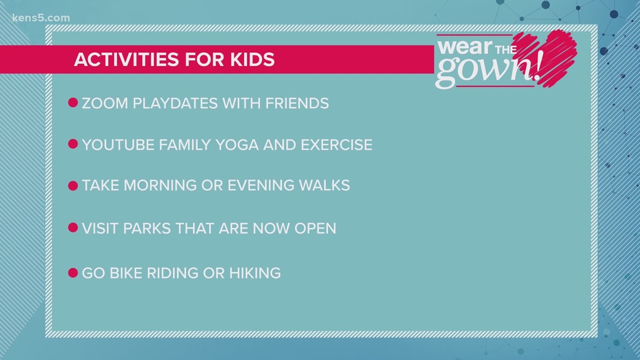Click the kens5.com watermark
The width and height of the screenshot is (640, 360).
click(41, 18)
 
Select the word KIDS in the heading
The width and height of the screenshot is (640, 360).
click(252, 60)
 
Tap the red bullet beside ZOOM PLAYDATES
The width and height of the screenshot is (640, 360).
click(73, 102)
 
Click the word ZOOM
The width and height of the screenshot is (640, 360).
click(105, 103)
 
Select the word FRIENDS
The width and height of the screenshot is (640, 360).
click(297, 103)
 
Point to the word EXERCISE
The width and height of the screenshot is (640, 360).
click(336, 145)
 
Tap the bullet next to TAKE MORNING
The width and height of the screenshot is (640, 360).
click(73, 186)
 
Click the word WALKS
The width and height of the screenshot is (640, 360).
click(324, 185)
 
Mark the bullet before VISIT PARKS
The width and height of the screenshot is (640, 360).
click(73, 228)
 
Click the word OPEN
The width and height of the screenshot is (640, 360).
click(315, 229)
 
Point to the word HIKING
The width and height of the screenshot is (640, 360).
click(255, 273)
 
